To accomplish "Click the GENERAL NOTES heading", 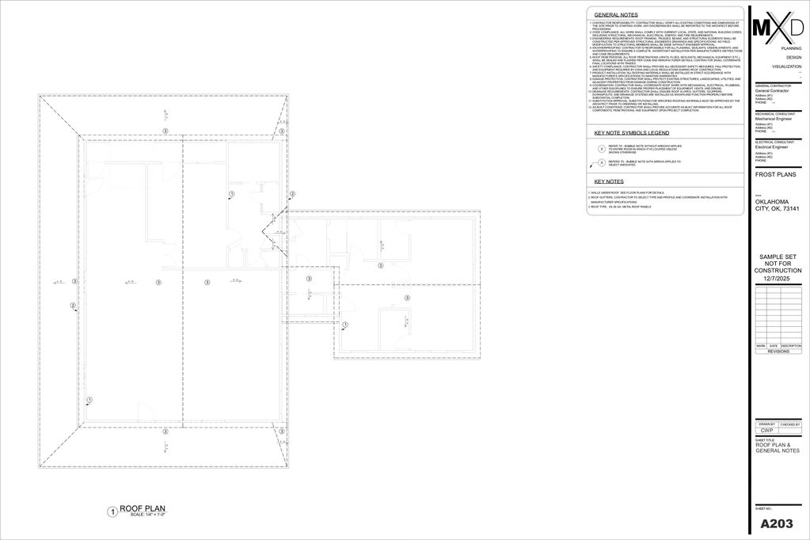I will pyautogui.click(x=616, y=15).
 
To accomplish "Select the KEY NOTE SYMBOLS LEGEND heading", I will pyautogui.click(x=632, y=133).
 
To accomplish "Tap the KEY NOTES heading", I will pyautogui.click(x=610, y=182).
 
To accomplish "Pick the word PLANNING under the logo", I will pyautogui.click(x=791, y=48).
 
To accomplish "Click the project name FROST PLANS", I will pyautogui.click(x=776, y=174).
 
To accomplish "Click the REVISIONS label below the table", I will pyautogui.click(x=778, y=351).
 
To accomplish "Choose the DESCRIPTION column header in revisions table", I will pyautogui.click(x=790, y=346).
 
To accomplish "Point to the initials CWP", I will pyautogui.click(x=766, y=431).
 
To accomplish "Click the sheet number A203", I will pyautogui.click(x=777, y=523).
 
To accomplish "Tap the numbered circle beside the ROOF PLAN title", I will pyautogui.click(x=112, y=512).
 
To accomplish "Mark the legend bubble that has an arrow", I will pyautogui.click(x=601, y=164).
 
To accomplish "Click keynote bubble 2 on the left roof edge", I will pyautogui.click(x=73, y=306).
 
